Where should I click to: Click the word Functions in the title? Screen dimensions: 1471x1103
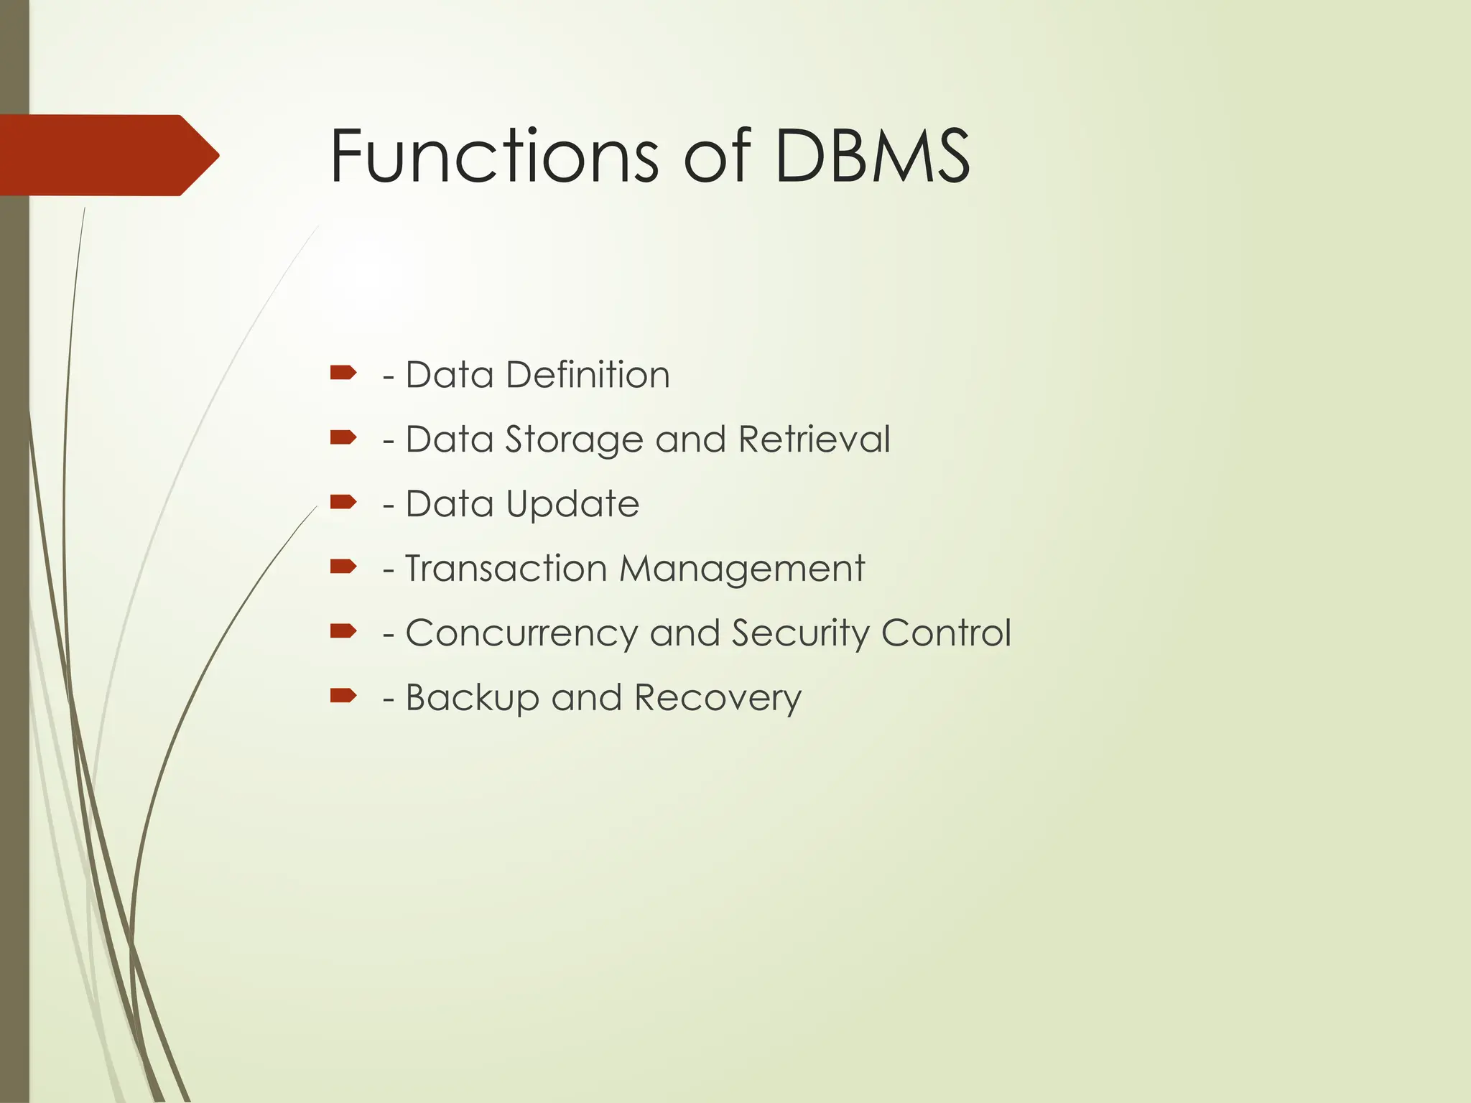[493, 156]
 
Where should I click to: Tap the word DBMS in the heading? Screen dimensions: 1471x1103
[873, 156]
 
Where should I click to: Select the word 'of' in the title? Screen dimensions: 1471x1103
[716, 156]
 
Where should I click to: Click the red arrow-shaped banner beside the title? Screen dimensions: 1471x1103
[108, 155]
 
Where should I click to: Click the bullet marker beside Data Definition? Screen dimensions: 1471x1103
[343, 373]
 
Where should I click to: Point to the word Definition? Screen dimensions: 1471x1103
[588, 375]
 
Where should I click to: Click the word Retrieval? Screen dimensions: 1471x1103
[814, 439]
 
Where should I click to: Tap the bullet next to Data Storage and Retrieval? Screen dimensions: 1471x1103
[343, 437]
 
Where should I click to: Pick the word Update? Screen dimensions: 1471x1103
[572, 505]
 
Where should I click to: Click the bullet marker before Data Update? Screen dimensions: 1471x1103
[343, 501]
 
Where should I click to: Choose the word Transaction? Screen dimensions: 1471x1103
[506, 569]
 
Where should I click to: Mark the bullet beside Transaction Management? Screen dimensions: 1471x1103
[343, 567]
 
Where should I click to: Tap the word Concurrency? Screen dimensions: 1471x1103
[521, 634]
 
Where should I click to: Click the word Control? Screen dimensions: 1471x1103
[946, 633]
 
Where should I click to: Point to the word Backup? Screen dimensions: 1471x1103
[472, 699]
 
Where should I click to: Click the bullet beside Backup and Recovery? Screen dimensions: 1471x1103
[343, 695]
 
